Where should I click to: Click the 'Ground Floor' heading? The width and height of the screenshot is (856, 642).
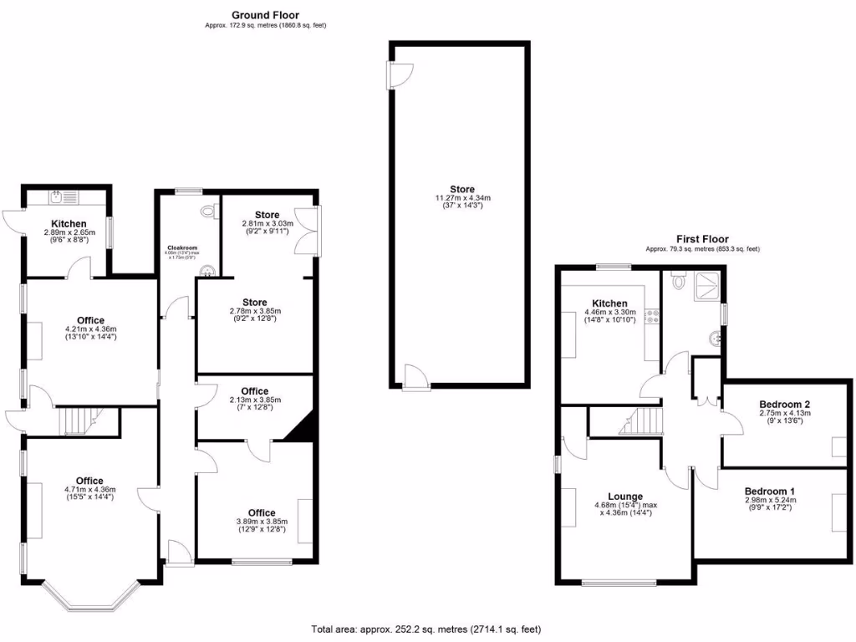(264, 14)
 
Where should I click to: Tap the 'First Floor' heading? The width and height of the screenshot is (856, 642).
(705, 239)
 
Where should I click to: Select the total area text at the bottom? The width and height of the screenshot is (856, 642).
(431, 629)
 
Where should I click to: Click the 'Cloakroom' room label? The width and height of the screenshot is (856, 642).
(181, 247)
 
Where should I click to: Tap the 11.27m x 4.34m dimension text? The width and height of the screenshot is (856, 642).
(459, 198)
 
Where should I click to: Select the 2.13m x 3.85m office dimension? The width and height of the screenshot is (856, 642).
(254, 400)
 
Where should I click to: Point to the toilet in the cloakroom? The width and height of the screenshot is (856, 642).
(206, 211)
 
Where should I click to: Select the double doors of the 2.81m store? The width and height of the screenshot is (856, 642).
(314, 231)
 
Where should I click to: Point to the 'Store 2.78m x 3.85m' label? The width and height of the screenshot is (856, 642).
(254, 307)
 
